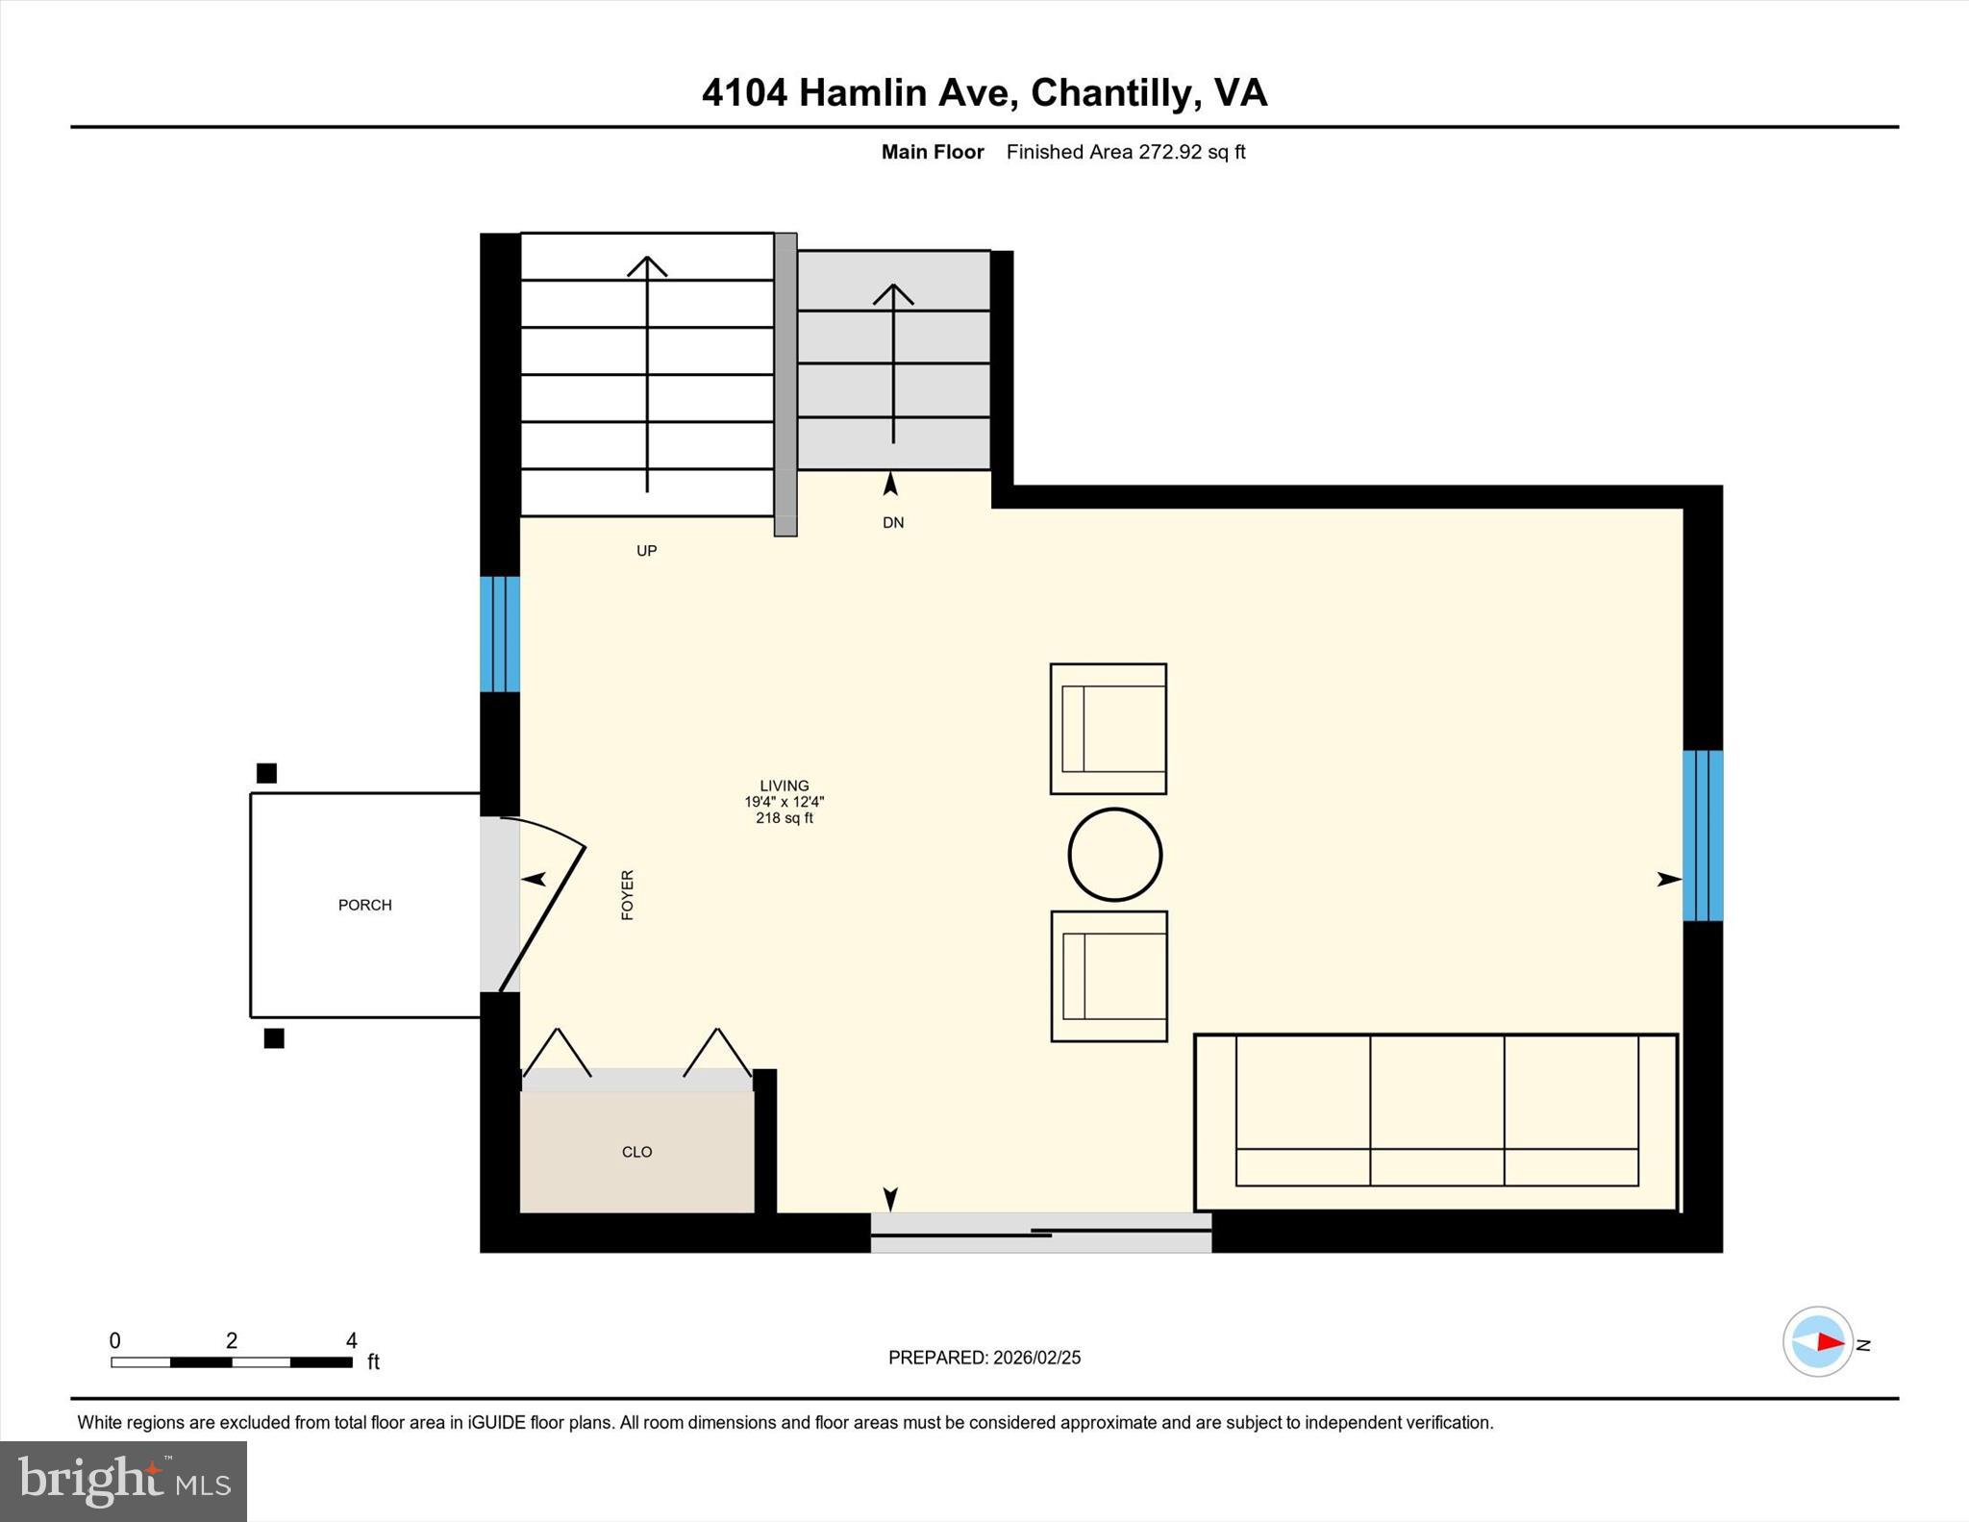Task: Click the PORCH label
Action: point(364,905)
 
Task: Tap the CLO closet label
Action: point(636,1152)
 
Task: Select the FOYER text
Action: point(628,895)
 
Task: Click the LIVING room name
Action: point(784,786)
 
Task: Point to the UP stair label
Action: point(646,551)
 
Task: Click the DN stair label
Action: point(893,523)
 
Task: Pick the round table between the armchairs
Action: point(1115,855)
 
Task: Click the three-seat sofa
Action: point(1435,1121)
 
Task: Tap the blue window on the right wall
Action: point(1702,836)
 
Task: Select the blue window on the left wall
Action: point(500,634)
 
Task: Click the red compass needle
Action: point(1830,1342)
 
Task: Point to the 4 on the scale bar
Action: point(352,1340)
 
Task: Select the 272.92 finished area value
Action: point(1170,152)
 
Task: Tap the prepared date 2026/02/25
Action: point(1036,1358)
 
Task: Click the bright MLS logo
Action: point(123,1481)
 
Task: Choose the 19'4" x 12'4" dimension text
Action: point(784,802)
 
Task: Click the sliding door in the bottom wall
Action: point(1040,1232)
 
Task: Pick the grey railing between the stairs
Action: point(785,384)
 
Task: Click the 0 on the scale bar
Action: point(115,1340)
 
